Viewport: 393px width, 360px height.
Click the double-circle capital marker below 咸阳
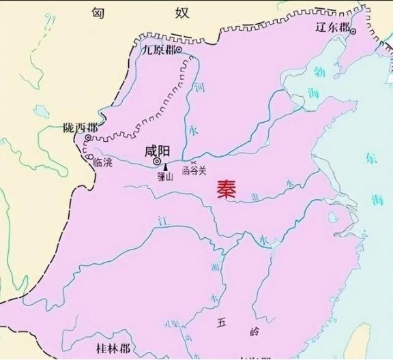click(157, 163)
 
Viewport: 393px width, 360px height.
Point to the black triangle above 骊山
click(165, 167)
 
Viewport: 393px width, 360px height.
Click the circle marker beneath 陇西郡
click(88, 138)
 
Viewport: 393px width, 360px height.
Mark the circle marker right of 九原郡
click(178, 50)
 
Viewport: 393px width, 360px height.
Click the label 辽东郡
click(333, 28)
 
